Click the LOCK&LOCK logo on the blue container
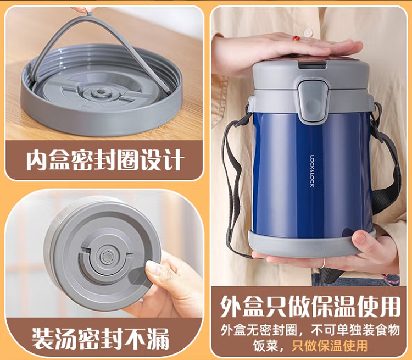pos(312,171)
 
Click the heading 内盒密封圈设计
pos(104,160)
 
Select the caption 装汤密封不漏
pos(101,339)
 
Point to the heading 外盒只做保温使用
pos(310,306)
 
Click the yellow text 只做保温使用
pos(330,346)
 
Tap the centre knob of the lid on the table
pos(101,92)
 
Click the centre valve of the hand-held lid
pos(107,256)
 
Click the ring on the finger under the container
pos(323,263)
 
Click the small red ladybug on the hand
pos(296,38)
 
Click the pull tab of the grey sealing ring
pos(90,11)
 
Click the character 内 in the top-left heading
pos(36,160)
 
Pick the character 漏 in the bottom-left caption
pos(158,339)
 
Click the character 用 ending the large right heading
pos(390,306)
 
